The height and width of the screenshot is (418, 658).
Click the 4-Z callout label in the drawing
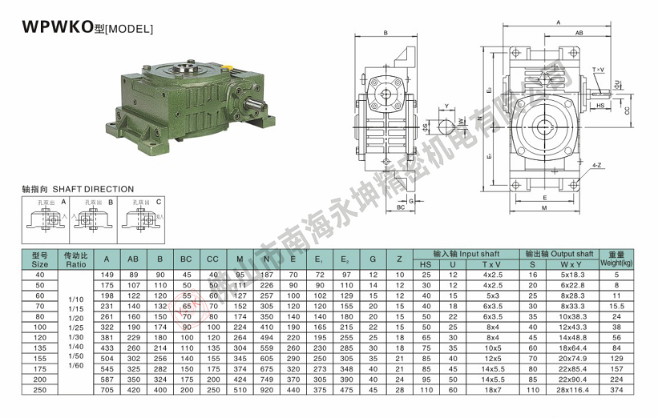(x=596, y=165)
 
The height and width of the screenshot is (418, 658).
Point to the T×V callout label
(x=599, y=70)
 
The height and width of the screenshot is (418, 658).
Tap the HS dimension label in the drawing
(x=600, y=105)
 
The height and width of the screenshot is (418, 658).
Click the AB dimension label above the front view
(x=579, y=34)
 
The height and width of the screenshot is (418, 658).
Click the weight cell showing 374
(x=616, y=390)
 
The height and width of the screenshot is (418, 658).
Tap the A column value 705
(x=107, y=390)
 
